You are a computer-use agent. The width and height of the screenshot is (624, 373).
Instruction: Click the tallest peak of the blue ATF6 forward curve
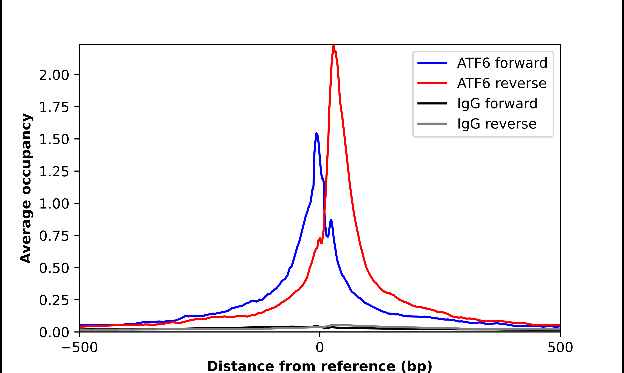click(x=316, y=134)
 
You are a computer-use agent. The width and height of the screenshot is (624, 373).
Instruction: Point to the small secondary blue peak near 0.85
click(x=331, y=220)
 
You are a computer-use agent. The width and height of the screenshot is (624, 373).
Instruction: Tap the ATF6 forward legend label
click(x=502, y=63)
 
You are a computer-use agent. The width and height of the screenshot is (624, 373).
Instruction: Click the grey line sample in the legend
click(x=432, y=124)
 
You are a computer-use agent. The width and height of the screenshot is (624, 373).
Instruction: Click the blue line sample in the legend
click(x=432, y=63)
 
